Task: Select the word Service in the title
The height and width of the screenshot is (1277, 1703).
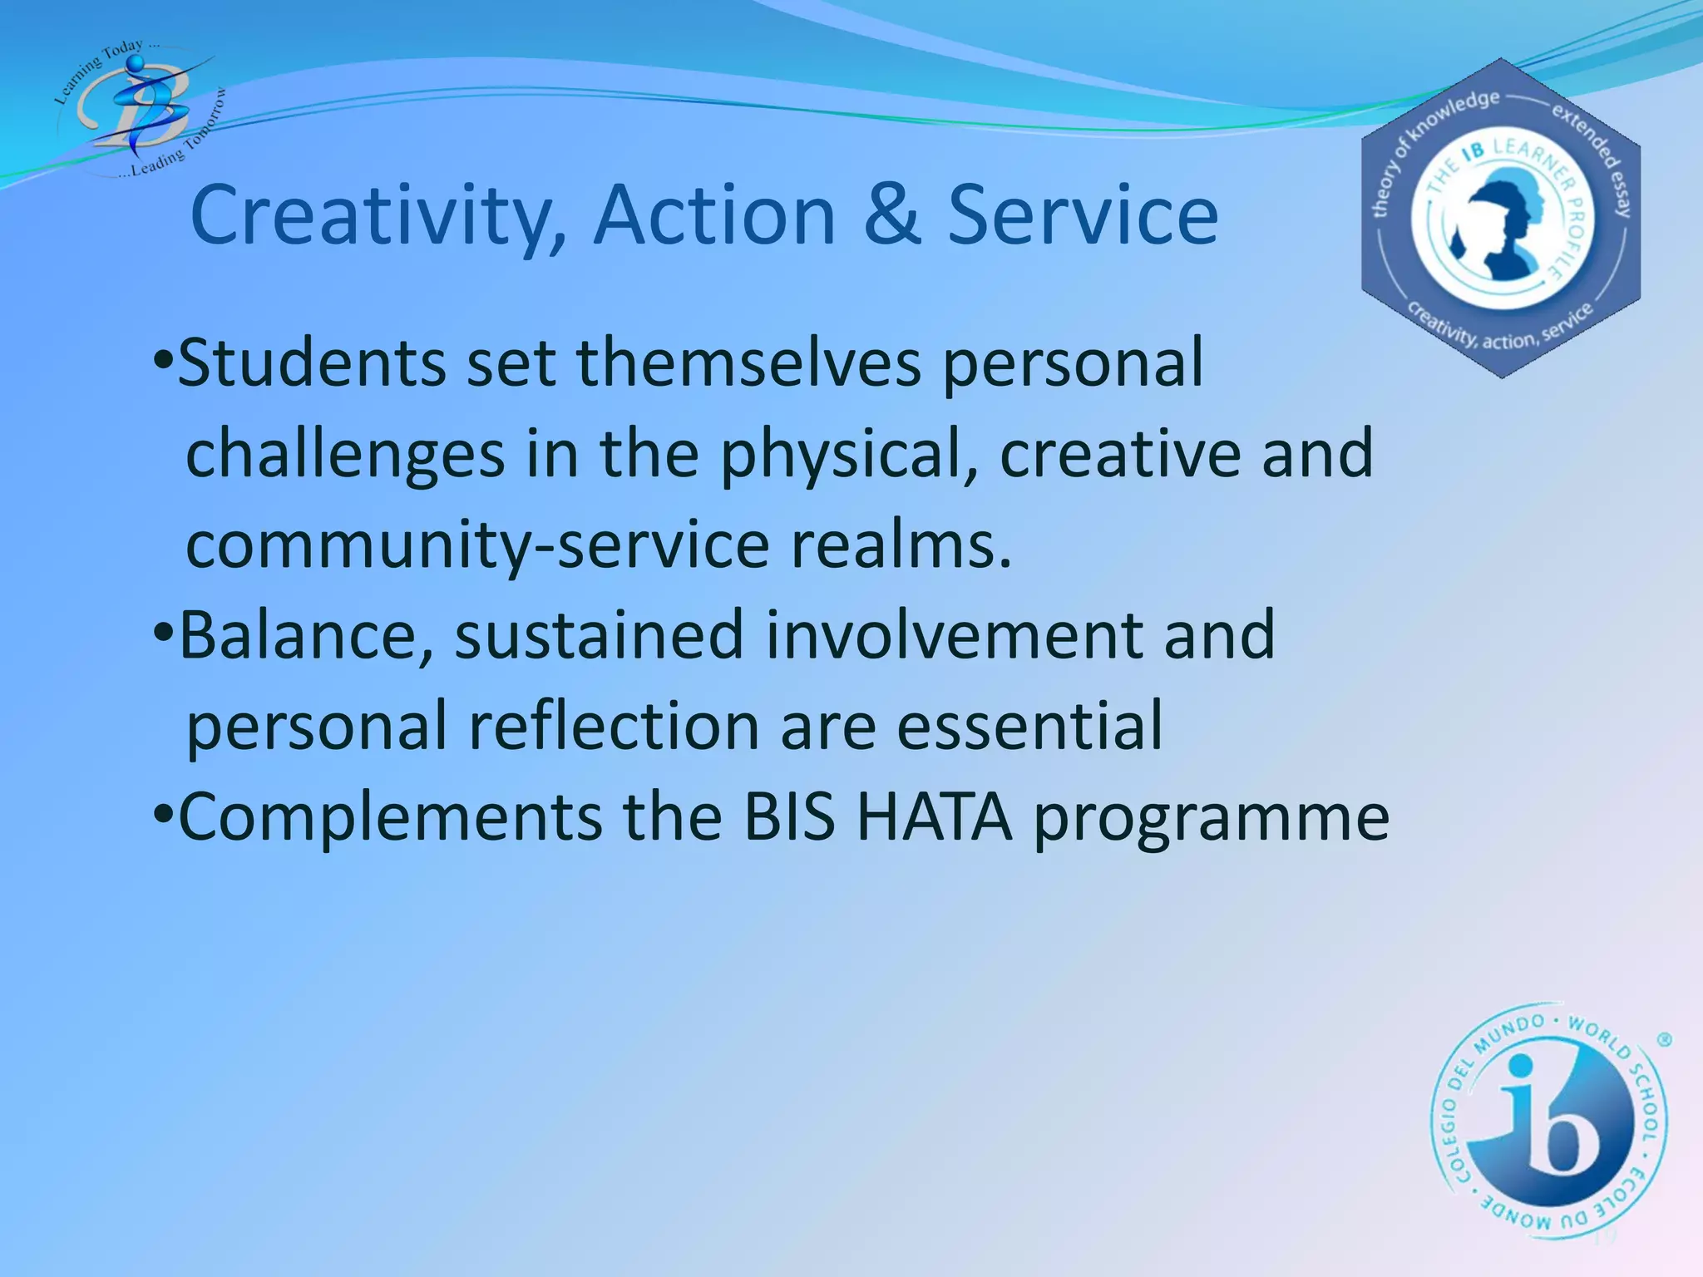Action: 1083,215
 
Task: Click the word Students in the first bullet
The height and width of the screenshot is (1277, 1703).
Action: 312,363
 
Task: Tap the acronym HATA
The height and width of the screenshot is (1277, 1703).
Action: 935,817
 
